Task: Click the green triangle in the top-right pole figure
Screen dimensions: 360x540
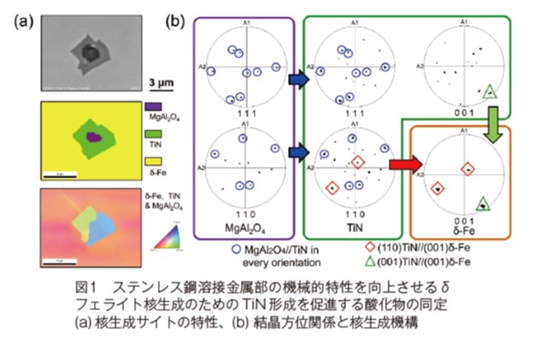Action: [x=490, y=91]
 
